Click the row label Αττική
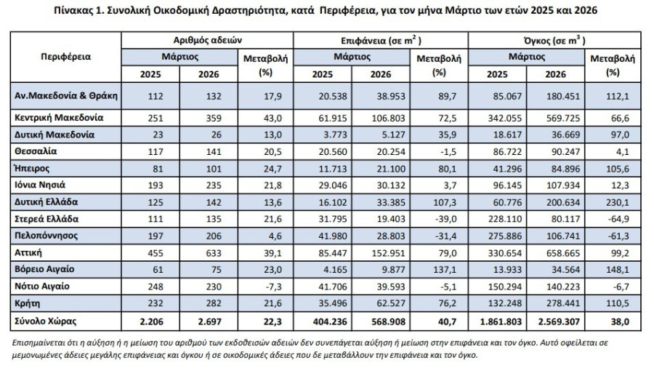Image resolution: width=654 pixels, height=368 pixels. coord(28,253)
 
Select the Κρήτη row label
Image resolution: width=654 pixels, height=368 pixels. coord(27,303)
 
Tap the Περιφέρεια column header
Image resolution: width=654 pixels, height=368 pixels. coord(66,57)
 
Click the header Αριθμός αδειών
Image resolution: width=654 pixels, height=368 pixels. coord(207,40)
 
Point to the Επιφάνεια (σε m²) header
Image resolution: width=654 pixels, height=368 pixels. coord(381,41)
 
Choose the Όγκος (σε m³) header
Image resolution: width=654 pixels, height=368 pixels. coord(554,41)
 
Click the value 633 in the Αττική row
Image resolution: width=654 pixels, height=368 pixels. coord(214,253)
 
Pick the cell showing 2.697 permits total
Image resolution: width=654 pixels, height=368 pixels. coord(210,321)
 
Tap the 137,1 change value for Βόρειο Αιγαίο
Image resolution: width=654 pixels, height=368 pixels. coord(445,270)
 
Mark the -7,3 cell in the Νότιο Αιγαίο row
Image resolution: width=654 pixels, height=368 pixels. coord(273,287)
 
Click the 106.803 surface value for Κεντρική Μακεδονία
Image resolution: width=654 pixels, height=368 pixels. coord(388,118)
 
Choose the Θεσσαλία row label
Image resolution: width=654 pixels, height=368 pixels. coord(36,151)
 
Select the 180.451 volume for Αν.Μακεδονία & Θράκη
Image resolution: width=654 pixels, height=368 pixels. coord(563,97)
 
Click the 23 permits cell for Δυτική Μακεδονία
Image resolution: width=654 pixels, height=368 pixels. coord(157,135)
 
